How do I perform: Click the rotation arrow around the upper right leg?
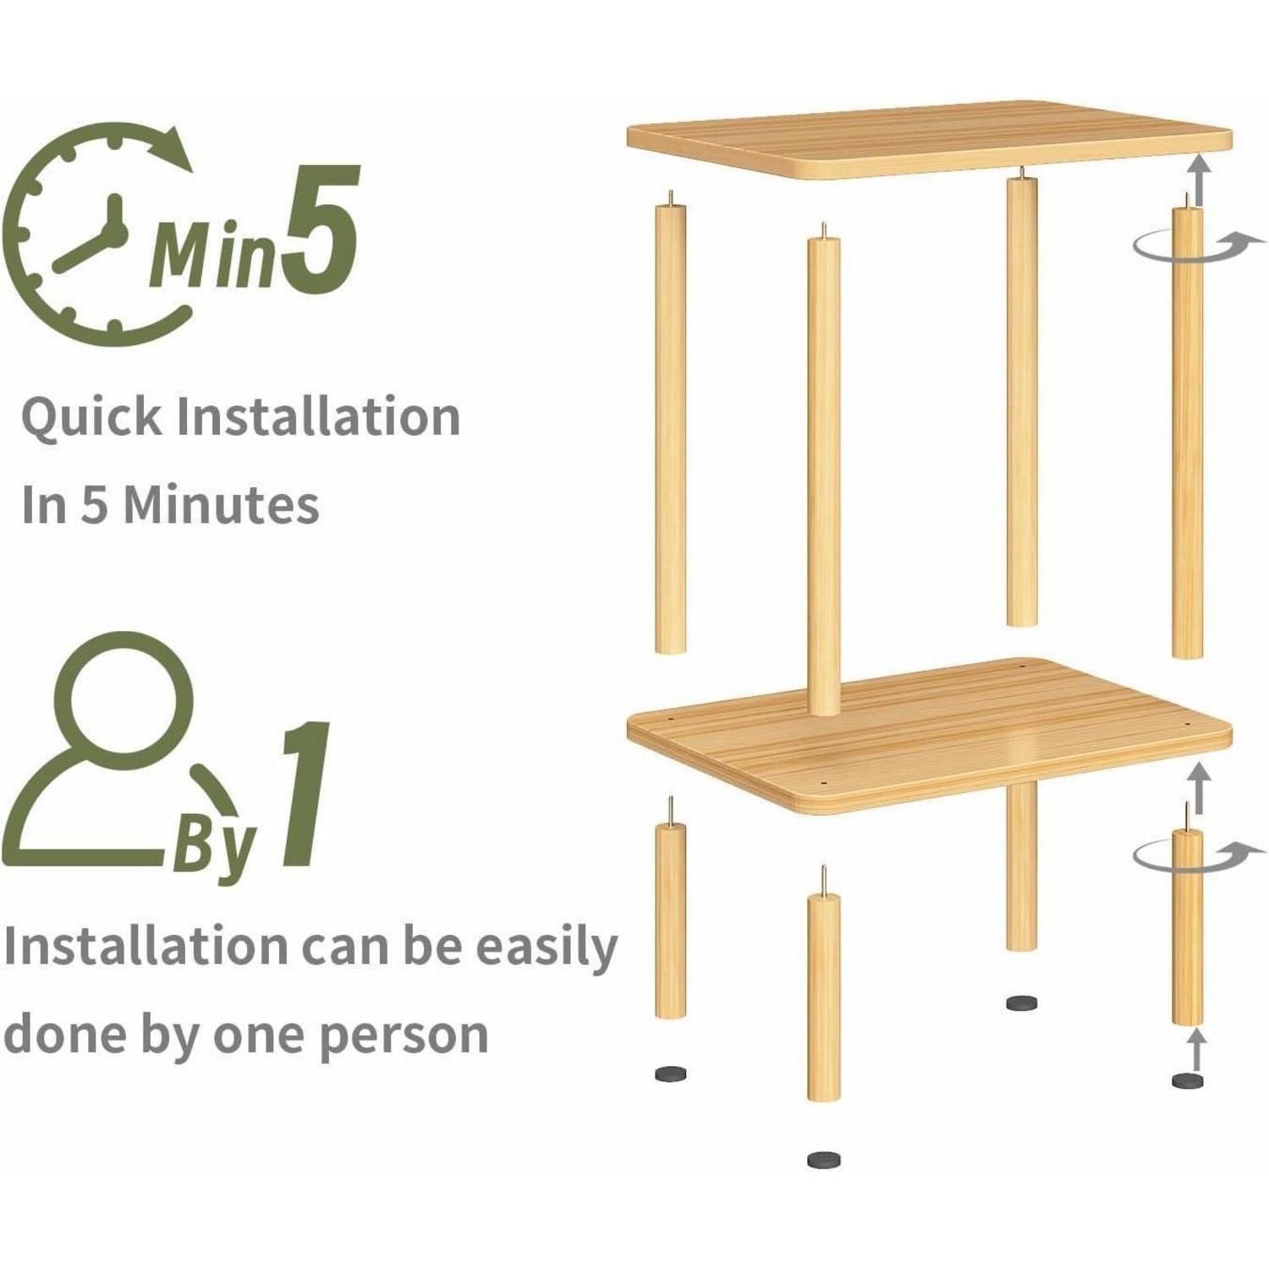1189,250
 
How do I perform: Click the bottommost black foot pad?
824,1160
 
